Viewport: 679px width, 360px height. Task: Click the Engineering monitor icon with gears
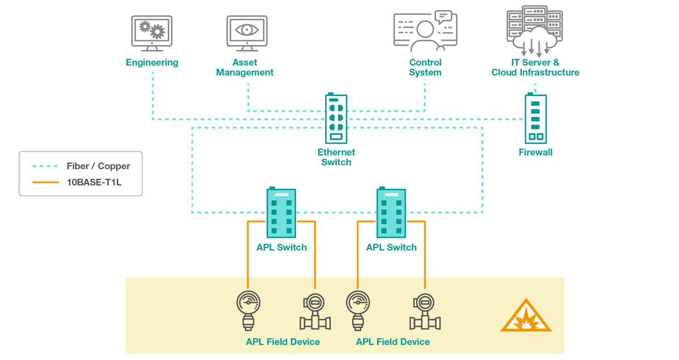152,33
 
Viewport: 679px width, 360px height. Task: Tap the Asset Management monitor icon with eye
247,33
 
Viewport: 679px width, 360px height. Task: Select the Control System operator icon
425,31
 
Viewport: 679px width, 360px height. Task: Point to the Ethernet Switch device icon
336,118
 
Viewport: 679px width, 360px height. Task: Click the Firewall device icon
535,119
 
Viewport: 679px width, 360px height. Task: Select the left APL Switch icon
281,213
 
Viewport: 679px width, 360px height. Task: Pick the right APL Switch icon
391,213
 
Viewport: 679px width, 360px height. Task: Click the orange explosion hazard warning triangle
526,317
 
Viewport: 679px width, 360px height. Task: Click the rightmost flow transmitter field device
424,312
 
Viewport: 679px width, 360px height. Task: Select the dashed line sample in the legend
45,166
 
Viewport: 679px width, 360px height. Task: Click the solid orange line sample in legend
45,182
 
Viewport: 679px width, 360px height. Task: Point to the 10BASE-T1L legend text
94,182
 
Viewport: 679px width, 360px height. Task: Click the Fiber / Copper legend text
98,166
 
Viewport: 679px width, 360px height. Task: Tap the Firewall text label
535,152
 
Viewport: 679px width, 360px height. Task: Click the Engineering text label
152,63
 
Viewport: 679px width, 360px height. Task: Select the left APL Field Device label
283,342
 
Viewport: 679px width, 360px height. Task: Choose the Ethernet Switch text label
336,157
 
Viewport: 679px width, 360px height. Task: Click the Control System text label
425,67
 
